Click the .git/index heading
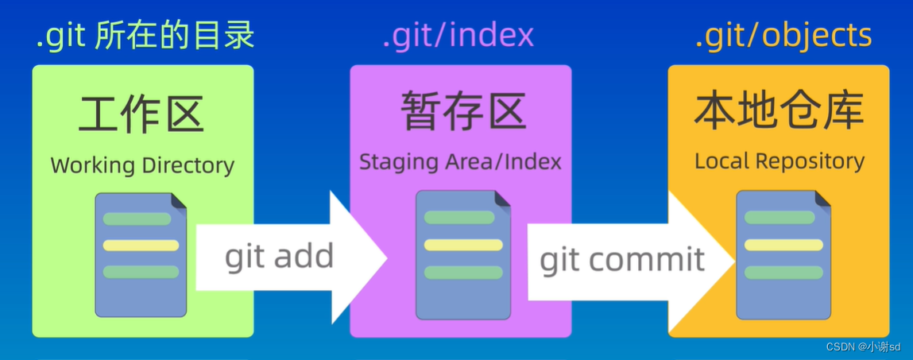[x=458, y=37]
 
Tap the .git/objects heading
[x=783, y=37]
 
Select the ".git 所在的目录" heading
[x=145, y=37]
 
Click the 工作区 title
[x=142, y=114]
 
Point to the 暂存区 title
[x=462, y=111]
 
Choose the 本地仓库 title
[x=779, y=111]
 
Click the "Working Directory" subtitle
[x=142, y=165]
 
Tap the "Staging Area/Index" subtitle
[x=460, y=162]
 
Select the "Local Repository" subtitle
[x=779, y=161]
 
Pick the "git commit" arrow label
[x=622, y=259]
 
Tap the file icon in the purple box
[x=463, y=254]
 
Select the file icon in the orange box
[x=783, y=254]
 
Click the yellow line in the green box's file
[x=141, y=246]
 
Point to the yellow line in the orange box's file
[x=783, y=245]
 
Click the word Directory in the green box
[x=188, y=165]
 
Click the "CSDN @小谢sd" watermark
[x=863, y=347]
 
